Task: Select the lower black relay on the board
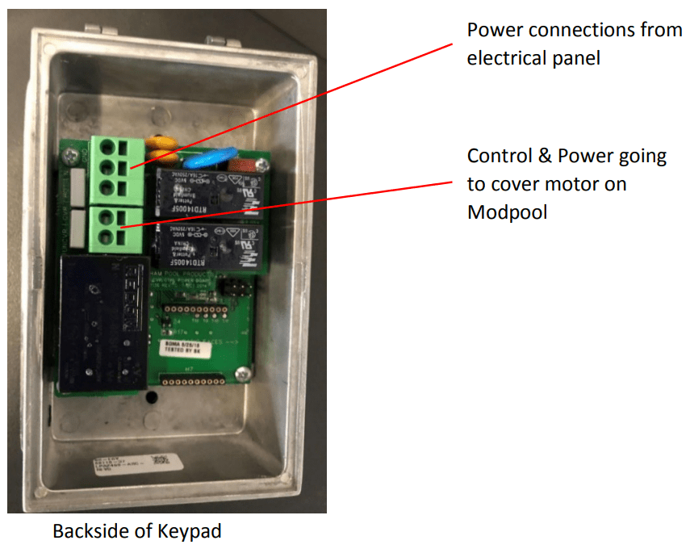205,245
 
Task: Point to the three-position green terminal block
119,167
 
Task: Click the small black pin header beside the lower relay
240,289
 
